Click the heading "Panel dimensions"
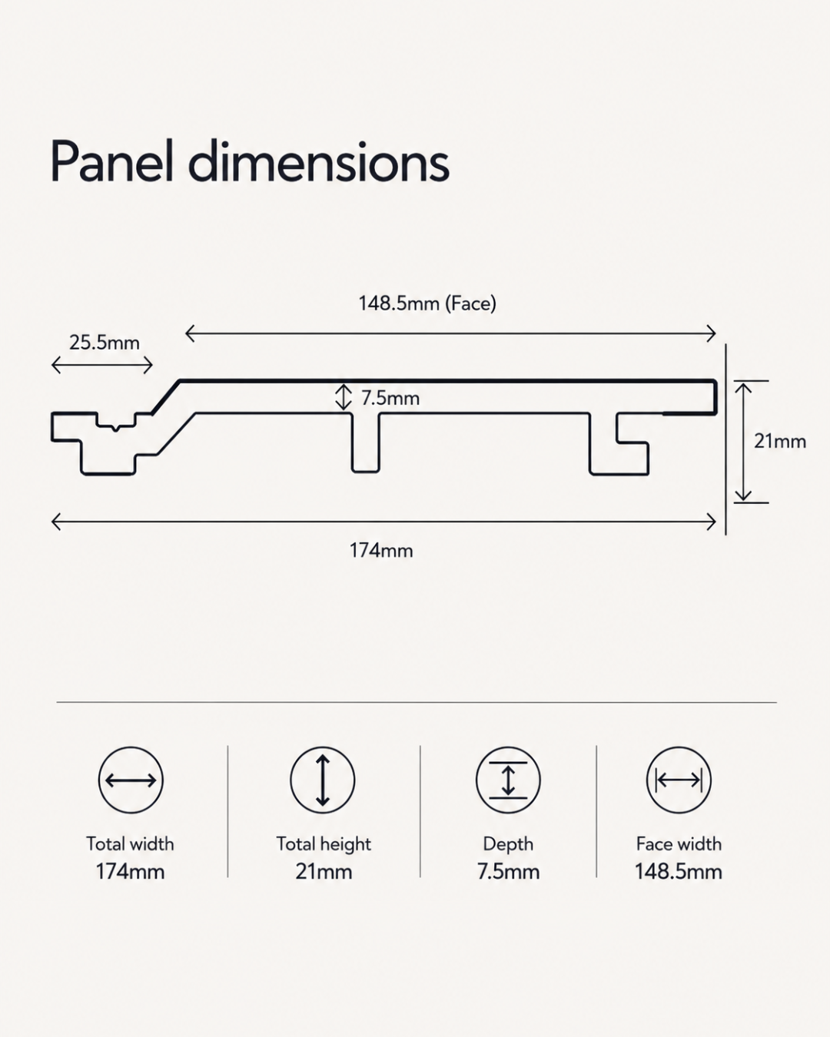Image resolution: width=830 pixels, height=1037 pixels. pyautogui.click(x=250, y=161)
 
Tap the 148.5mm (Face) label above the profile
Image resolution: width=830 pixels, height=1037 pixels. pyautogui.click(x=427, y=303)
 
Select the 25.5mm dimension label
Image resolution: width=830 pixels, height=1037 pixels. pyautogui.click(x=105, y=343)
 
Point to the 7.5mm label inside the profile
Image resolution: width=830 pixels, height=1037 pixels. pyautogui.click(x=390, y=398)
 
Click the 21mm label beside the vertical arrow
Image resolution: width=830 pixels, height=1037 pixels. pyautogui.click(x=780, y=442)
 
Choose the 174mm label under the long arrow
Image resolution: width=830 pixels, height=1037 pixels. pyautogui.click(x=381, y=550)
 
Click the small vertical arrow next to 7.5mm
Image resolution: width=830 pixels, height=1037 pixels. pyautogui.click(x=344, y=397)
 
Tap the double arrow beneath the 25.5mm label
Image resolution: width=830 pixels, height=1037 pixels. pyautogui.click(x=101, y=366)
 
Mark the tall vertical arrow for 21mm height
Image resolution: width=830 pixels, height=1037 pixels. pyautogui.click(x=744, y=442)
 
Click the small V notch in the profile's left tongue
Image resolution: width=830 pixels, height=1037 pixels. pyautogui.click(x=115, y=427)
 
